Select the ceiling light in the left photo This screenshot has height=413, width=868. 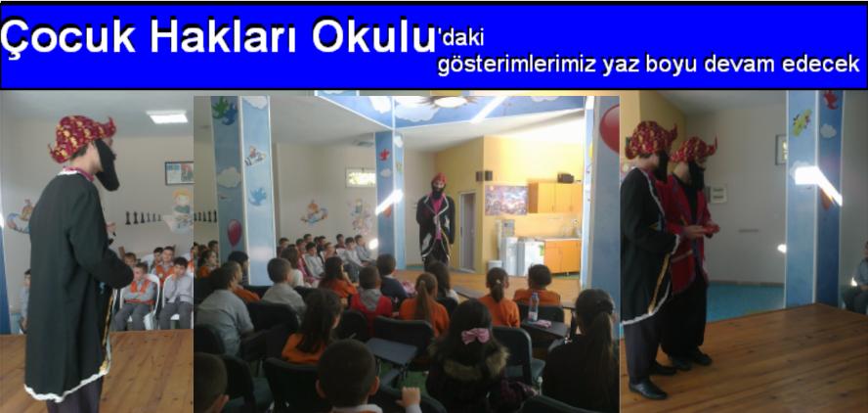(x=167, y=116)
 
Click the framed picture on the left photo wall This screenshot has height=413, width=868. (x=179, y=173)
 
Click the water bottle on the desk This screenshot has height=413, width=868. (x=533, y=306)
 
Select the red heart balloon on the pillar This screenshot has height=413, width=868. (x=235, y=232)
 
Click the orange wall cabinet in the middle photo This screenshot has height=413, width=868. (x=553, y=197)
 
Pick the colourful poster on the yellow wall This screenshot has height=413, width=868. (x=506, y=200)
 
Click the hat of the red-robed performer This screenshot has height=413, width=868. (x=693, y=149)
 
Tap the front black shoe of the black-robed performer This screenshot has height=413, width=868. (x=647, y=389)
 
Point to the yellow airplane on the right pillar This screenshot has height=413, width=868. (x=801, y=122)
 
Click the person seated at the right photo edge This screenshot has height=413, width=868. (x=857, y=284)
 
